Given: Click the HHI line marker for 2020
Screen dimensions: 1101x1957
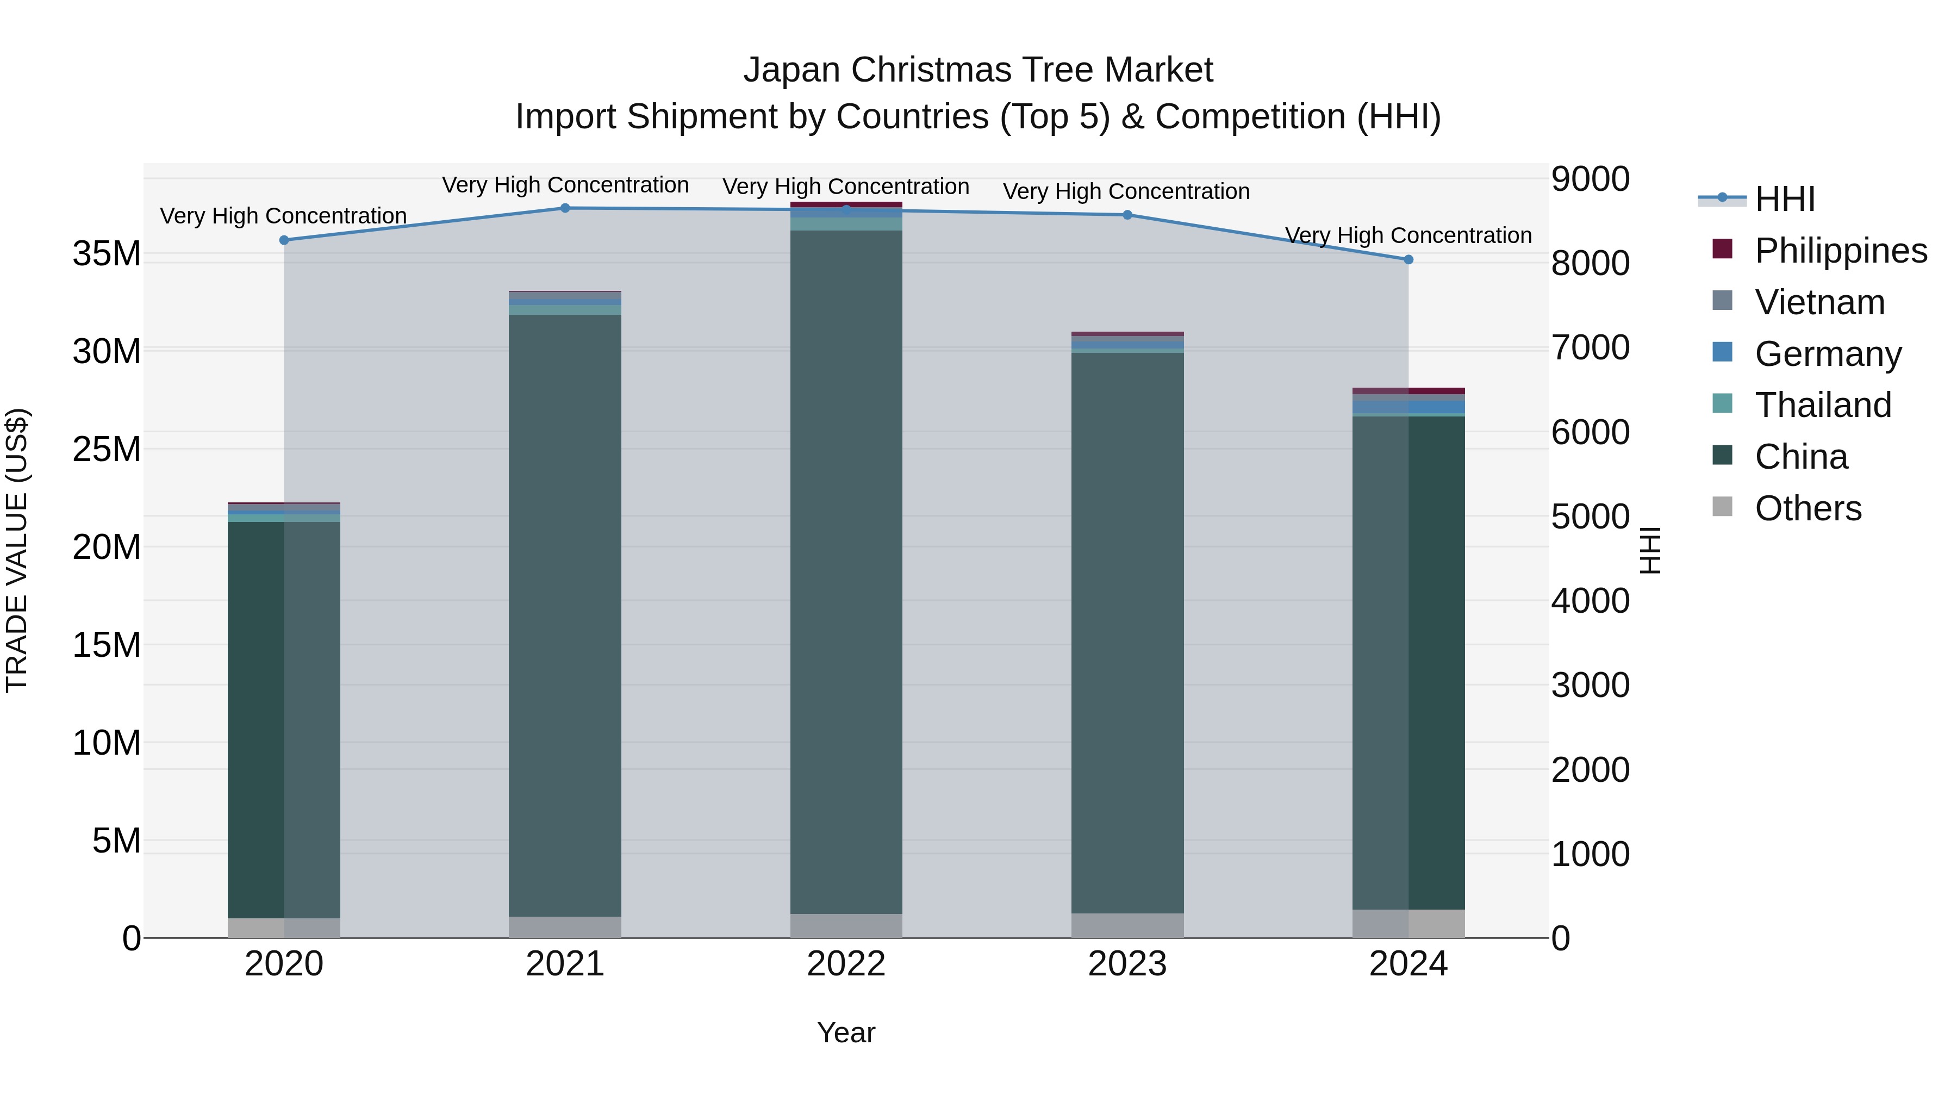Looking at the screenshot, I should (x=284, y=240).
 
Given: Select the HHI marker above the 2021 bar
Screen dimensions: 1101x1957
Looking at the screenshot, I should (x=565, y=208).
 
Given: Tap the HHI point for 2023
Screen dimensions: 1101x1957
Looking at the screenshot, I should (x=1127, y=215).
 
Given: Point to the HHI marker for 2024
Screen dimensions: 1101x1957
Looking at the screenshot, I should (x=1408, y=260).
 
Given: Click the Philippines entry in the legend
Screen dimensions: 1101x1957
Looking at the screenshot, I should (x=1840, y=251).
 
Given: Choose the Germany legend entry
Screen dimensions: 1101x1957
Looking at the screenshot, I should (x=1828, y=354).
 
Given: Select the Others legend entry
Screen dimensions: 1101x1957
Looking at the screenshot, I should (x=1808, y=508).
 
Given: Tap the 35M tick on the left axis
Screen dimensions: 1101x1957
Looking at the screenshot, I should (x=107, y=254).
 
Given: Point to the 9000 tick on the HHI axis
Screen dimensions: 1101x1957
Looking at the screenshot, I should (x=1590, y=179).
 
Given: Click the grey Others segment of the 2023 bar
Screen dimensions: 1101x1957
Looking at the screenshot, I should (x=1127, y=925).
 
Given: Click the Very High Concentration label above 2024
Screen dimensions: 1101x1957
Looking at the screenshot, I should (x=1408, y=235).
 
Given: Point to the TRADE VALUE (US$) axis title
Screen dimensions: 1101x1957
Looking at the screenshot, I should (x=17, y=550).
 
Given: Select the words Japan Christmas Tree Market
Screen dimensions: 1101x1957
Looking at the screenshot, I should (x=979, y=70).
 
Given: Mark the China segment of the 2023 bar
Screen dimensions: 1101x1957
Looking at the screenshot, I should (x=1127, y=631).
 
